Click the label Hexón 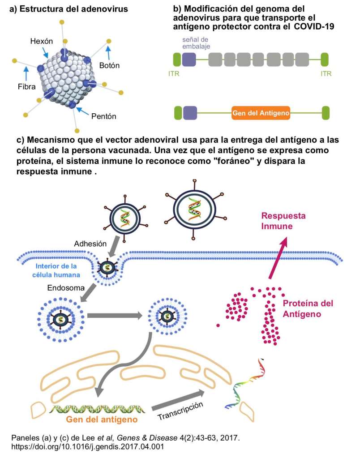coord(42,41)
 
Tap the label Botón coord(110,65)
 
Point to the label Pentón coord(104,116)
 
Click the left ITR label coord(174,73)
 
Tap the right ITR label coord(326,73)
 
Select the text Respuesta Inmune coord(283,221)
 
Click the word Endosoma coord(66,288)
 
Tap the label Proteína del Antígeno coord(308,309)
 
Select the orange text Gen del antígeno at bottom coord(102,420)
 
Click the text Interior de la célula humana coord(59,270)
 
